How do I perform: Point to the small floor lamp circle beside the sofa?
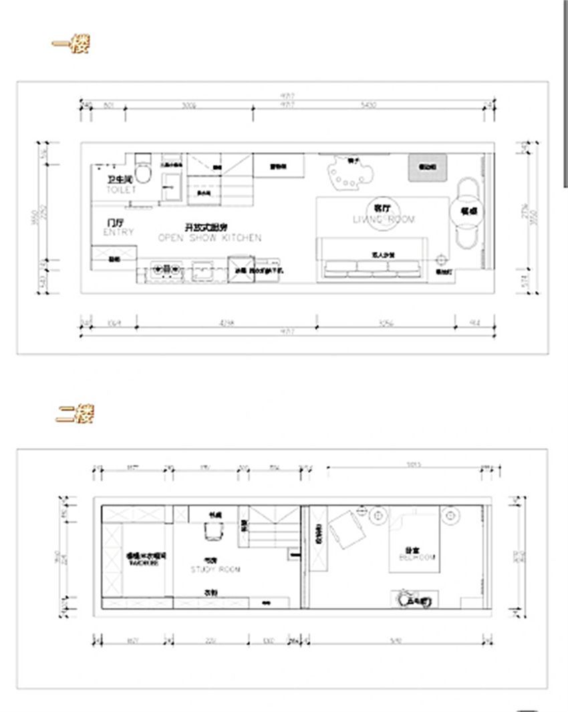tap(440, 259)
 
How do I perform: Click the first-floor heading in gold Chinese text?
tap(71, 45)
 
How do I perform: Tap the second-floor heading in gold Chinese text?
tap(74, 414)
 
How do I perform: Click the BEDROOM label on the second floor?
tap(418, 554)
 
